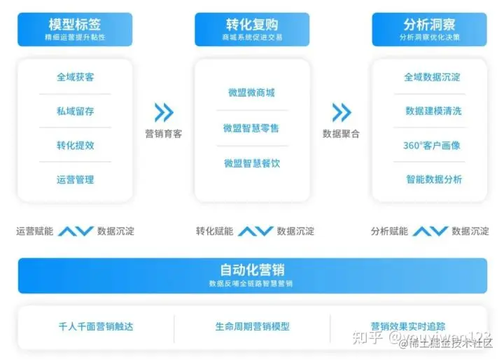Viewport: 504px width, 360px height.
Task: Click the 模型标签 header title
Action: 75,25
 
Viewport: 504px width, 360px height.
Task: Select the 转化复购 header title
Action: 253,25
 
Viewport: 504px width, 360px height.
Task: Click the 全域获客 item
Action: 75,77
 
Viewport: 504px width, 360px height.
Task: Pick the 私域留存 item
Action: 75,111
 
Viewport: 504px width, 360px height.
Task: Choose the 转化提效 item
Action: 75,145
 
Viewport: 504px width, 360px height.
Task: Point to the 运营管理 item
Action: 75,179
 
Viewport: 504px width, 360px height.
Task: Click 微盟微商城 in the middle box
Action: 252,93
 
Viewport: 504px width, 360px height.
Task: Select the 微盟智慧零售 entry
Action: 252,128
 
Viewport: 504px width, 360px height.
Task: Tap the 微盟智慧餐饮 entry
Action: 252,163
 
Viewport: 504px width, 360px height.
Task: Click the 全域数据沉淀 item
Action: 432,77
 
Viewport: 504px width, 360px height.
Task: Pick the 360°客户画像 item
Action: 432,146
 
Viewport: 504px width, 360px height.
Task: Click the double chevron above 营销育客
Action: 164,113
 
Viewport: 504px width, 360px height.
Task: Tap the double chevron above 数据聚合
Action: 342,113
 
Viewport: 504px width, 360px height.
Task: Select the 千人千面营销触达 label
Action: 95,326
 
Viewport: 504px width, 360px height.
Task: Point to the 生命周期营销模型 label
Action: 252,326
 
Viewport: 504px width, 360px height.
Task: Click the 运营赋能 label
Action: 34,231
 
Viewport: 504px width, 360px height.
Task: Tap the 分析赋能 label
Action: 389,231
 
